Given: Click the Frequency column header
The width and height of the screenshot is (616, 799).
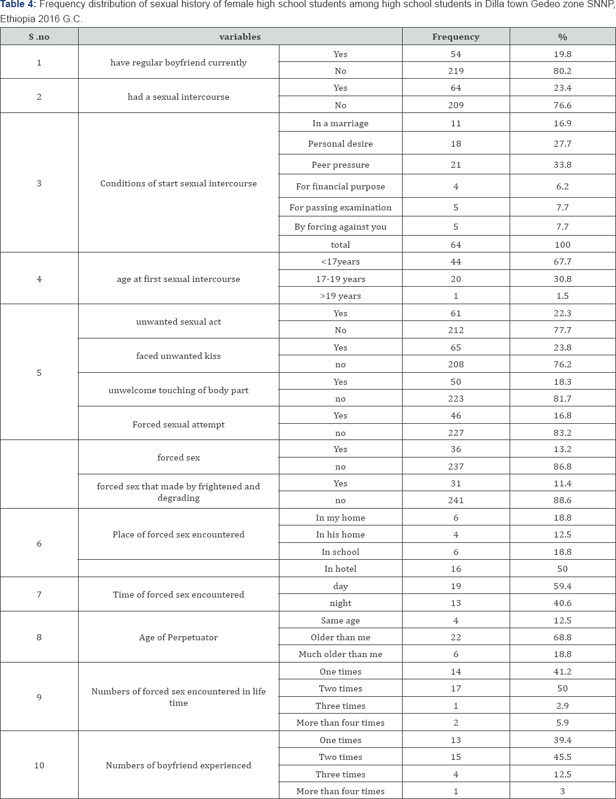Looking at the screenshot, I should pyautogui.click(x=456, y=37).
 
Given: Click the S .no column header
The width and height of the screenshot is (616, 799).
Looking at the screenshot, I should pyautogui.click(x=39, y=37).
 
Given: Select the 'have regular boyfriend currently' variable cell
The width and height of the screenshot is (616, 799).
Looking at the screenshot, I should pyautogui.click(x=178, y=63).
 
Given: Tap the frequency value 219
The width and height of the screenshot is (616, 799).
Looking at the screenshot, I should pyautogui.click(x=456, y=71).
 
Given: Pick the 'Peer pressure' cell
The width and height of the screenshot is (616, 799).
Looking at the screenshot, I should pyautogui.click(x=340, y=165).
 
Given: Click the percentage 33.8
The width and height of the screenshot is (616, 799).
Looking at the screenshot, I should pyautogui.click(x=563, y=165).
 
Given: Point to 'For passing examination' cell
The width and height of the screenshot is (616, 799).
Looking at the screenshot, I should pyautogui.click(x=340, y=207).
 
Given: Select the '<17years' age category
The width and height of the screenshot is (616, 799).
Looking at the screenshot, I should pyautogui.click(x=340, y=262).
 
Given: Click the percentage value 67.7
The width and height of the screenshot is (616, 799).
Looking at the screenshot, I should pyautogui.click(x=563, y=262).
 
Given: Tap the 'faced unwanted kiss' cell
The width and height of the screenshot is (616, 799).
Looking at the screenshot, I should pyautogui.click(x=178, y=356).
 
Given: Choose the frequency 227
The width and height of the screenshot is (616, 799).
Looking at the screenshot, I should pyautogui.click(x=456, y=433).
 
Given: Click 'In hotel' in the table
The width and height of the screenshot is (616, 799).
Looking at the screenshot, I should pyautogui.click(x=340, y=569).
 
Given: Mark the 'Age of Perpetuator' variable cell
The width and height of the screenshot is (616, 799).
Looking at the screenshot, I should pyautogui.click(x=178, y=637).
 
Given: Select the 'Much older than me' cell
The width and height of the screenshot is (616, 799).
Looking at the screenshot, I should pyautogui.click(x=340, y=654).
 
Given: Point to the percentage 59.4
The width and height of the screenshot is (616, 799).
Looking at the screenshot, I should pyautogui.click(x=563, y=586).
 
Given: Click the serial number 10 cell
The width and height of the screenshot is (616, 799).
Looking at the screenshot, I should pyautogui.click(x=39, y=765).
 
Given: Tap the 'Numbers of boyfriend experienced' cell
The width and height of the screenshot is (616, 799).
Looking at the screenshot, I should pyautogui.click(x=178, y=765).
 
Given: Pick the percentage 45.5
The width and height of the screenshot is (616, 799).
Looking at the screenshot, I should pyautogui.click(x=563, y=757).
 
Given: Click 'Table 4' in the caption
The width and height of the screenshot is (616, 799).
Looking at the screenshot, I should pyautogui.click(x=17, y=5).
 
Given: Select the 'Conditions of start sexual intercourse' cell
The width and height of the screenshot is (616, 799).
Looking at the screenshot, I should pyautogui.click(x=178, y=183).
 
